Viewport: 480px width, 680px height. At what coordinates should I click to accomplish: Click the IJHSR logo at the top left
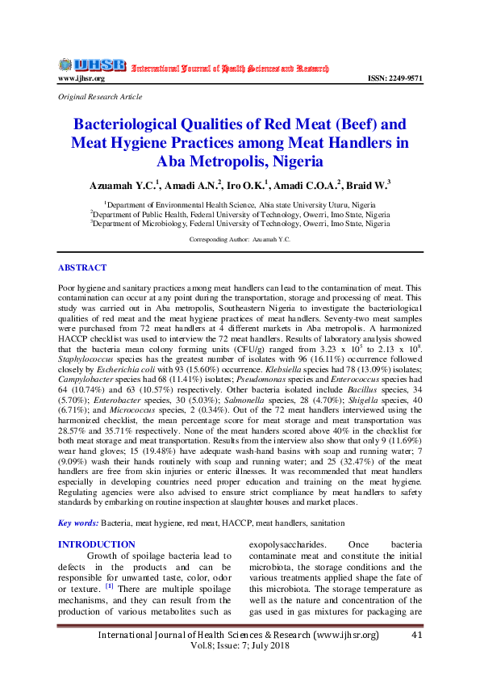point(91,65)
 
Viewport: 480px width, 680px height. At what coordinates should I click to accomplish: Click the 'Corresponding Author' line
point(239,240)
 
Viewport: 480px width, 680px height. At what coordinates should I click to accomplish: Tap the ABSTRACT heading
point(81,267)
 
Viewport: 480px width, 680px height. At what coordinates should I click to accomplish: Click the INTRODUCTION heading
point(97,545)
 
